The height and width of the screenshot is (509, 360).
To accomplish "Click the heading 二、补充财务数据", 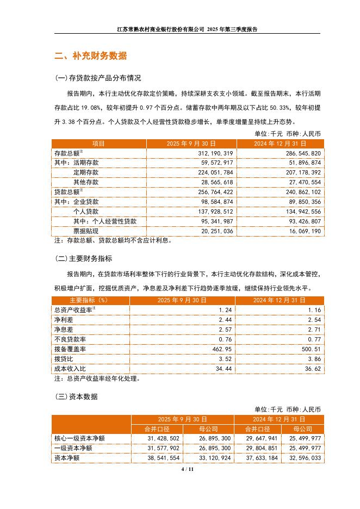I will click(91, 55).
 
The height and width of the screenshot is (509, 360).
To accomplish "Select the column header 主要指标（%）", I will click(88, 300).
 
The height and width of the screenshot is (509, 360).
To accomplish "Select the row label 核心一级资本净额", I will click(79, 438).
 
